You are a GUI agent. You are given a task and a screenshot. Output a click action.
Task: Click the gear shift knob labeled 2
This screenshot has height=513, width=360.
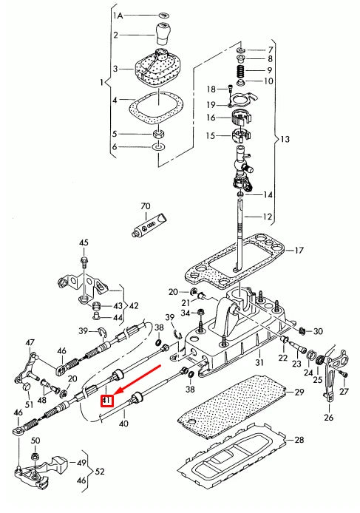click(163, 33)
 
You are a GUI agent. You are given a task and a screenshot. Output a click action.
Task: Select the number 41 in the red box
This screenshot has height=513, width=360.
click(106, 401)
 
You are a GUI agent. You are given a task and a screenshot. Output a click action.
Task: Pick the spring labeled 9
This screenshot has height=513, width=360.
click(241, 70)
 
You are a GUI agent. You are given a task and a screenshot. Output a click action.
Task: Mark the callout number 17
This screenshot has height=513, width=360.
click(299, 251)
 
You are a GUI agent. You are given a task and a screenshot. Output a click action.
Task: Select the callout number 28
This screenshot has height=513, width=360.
click(299, 440)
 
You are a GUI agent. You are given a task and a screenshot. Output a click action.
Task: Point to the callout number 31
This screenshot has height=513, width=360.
click(259, 363)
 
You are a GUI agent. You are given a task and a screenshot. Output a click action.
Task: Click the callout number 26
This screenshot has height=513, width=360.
click(329, 418)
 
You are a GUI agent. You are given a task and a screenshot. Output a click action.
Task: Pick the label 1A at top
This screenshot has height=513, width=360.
click(118, 15)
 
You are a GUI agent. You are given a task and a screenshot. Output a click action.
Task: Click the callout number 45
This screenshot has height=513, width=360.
click(84, 242)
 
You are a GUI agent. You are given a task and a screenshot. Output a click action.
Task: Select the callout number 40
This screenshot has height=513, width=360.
click(123, 424)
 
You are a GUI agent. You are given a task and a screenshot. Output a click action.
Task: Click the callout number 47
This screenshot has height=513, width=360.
click(30, 342)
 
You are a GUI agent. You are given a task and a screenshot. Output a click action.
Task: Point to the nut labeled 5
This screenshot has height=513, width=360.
click(158, 134)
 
